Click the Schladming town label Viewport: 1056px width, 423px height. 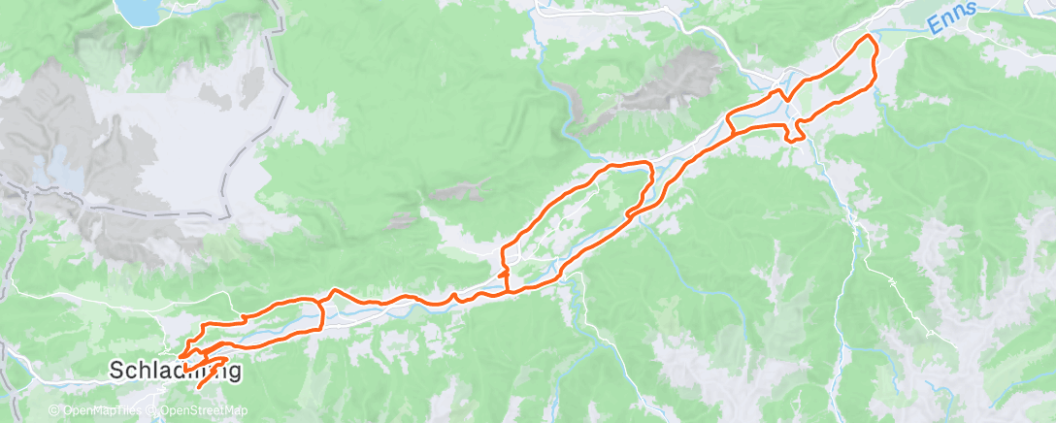[x=174, y=372]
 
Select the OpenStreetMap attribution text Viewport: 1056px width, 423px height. [x=204, y=410]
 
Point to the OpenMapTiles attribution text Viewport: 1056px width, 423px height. [x=101, y=410]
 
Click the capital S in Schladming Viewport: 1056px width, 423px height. [x=116, y=372]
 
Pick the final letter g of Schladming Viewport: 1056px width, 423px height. [x=233, y=374]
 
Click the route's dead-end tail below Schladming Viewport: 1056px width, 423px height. [x=201, y=387]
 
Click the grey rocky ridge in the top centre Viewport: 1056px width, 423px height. [x=670, y=82]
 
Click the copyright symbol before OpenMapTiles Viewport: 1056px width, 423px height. [x=56, y=410]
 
